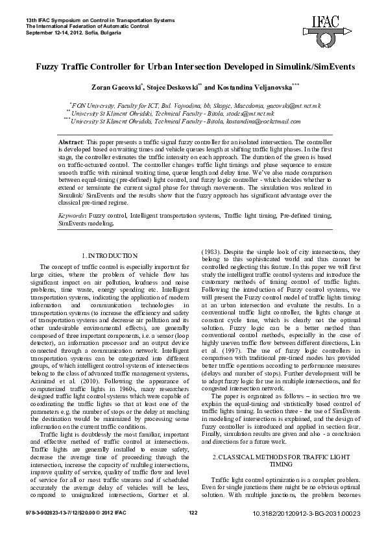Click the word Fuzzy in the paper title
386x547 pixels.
[x=49, y=67]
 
